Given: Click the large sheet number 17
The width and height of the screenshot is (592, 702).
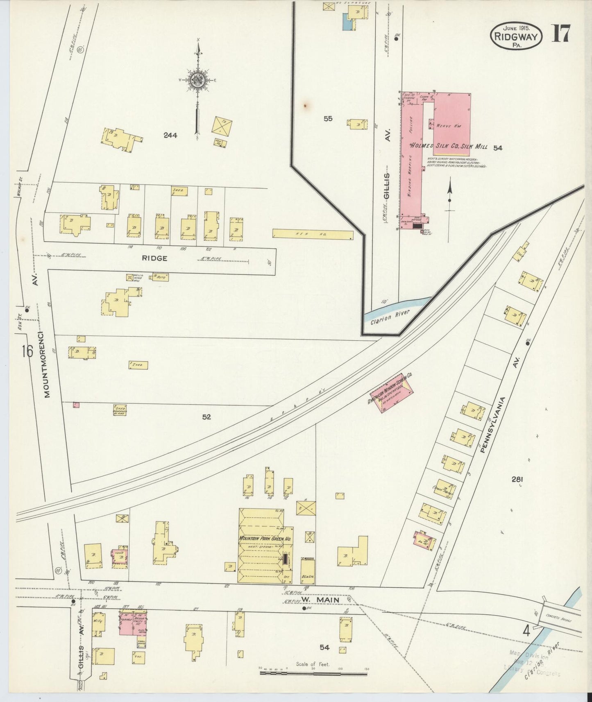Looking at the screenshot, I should (560, 34).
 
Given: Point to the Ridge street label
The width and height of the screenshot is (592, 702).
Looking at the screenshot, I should (154, 258).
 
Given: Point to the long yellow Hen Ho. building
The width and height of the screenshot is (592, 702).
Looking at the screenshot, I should (313, 234).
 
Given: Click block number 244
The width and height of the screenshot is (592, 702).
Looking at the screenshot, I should (170, 136).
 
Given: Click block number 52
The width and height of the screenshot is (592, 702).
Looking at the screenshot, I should (206, 417).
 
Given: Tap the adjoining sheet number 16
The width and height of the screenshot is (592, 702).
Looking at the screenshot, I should (27, 351).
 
